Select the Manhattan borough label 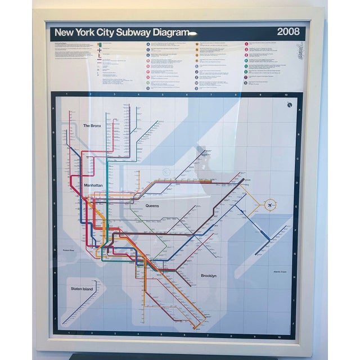(93, 185)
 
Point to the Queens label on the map (152, 206)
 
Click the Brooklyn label (209, 276)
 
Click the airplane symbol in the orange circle (271, 204)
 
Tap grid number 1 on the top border (66, 94)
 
